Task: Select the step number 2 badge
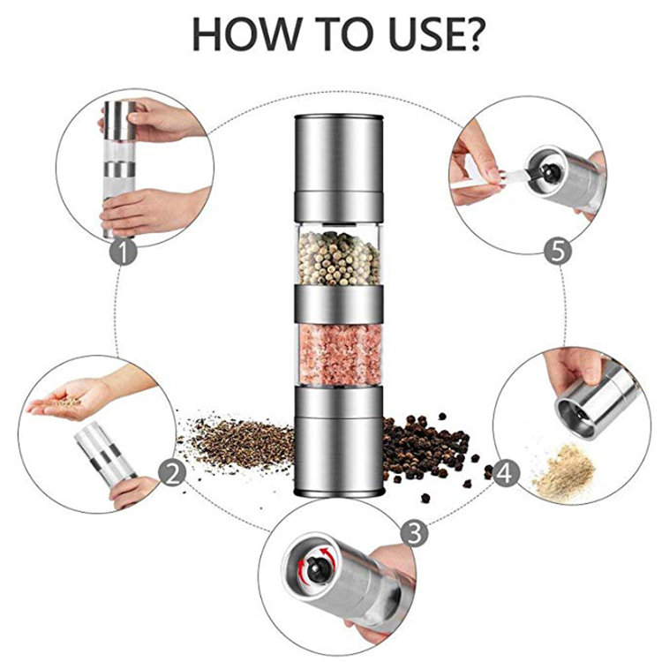tap(174, 472)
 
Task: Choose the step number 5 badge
tap(556, 251)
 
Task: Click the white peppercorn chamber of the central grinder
tap(339, 256)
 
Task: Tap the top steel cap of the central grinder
tap(339, 159)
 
